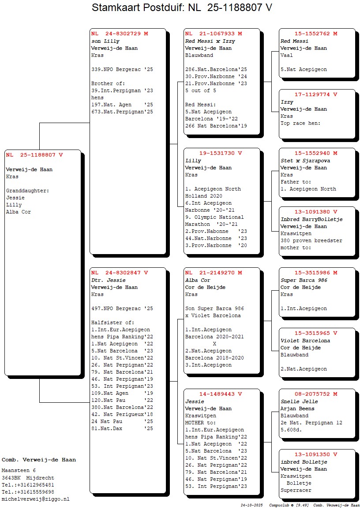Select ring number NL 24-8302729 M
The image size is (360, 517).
pyautogui.click(x=120, y=34)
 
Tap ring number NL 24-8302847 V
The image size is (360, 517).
pyautogui.click(x=120, y=273)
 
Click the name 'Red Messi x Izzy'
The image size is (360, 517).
pyautogui.click(x=210, y=41)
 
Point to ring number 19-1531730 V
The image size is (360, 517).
pyautogui.click(x=221, y=153)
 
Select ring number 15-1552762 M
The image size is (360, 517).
pyautogui.click(x=316, y=34)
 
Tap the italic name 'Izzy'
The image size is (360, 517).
pyautogui.click(x=287, y=102)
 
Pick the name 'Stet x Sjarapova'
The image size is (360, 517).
pyautogui.click(x=305, y=161)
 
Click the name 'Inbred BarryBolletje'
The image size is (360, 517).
pyautogui.click(x=311, y=219)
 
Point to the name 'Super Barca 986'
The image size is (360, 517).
pyautogui.click(x=304, y=280)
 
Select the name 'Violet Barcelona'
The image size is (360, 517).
pyautogui.click(x=305, y=341)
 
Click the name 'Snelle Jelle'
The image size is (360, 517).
pyautogui.click(x=299, y=401)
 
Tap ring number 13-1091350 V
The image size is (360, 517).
pyautogui.click(x=316, y=454)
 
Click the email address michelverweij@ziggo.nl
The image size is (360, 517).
pyautogui.click(x=36, y=499)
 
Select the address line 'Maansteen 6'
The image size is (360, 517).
pyautogui.click(x=19, y=471)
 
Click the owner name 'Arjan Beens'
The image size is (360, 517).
pyautogui.click(x=297, y=408)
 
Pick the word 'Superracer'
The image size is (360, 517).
pyautogui.click(x=296, y=490)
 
